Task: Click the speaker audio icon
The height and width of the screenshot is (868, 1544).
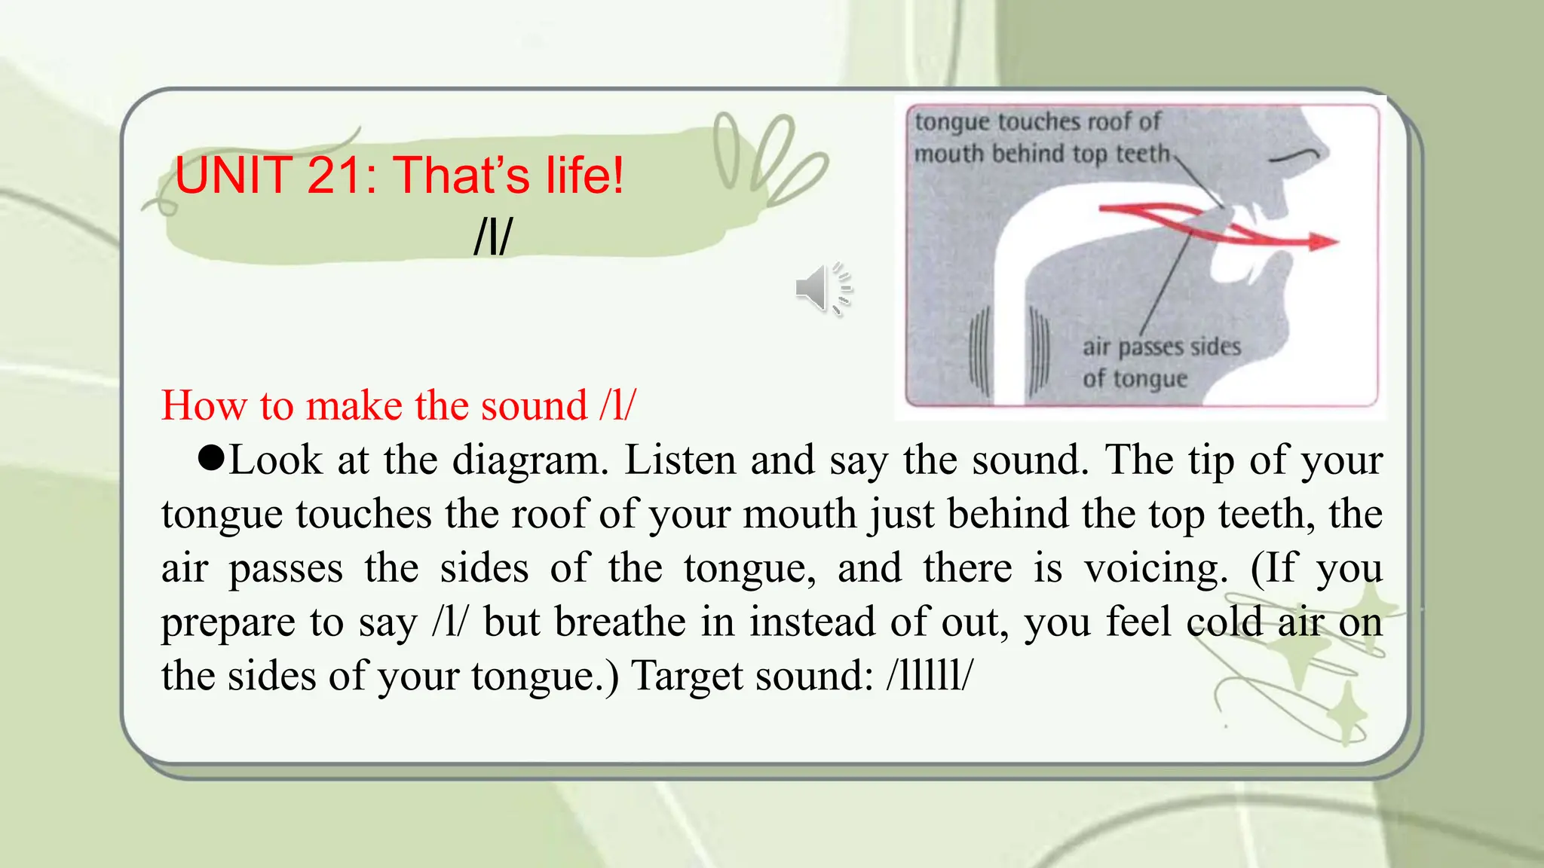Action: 822,289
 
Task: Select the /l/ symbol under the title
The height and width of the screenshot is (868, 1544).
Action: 492,237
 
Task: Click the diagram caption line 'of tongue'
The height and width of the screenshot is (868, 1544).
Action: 1135,378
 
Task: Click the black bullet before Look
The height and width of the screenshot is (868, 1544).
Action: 211,457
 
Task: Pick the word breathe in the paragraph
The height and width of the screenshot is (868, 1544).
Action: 621,622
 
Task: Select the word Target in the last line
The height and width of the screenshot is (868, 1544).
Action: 687,675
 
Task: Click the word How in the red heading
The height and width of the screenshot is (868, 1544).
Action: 204,405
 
